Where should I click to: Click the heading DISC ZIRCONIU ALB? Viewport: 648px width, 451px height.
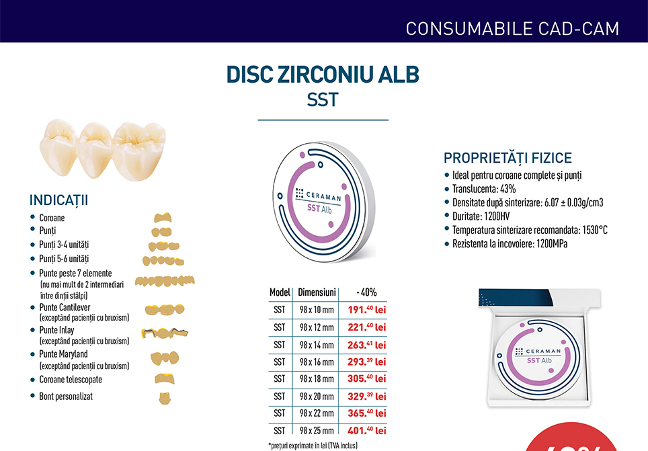pyautogui.click(x=323, y=75)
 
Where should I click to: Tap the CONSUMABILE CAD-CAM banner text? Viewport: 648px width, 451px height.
pyautogui.click(x=512, y=29)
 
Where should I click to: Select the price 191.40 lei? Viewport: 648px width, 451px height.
pyautogui.click(x=366, y=310)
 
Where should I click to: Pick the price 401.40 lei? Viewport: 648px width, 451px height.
pyautogui.click(x=366, y=431)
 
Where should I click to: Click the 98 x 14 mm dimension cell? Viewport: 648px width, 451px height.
pyautogui.click(x=317, y=345)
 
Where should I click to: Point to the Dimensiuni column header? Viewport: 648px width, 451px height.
pyautogui.click(x=317, y=292)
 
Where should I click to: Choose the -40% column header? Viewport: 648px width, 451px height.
pyautogui.click(x=366, y=292)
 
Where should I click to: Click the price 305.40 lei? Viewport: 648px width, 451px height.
pyautogui.click(x=366, y=378)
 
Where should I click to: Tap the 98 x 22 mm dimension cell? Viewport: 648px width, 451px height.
pyautogui.click(x=317, y=413)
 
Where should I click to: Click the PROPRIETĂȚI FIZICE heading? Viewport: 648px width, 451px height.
pyautogui.click(x=508, y=158)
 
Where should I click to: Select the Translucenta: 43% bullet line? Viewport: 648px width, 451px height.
pyautogui.click(x=484, y=189)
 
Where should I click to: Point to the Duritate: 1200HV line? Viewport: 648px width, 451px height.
pyautogui.click(x=481, y=216)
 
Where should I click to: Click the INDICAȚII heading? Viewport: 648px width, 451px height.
pyautogui.click(x=58, y=200)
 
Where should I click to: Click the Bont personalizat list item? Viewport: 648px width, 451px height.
pyautogui.click(x=66, y=397)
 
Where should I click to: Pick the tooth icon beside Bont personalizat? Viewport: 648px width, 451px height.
pyautogui.click(x=165, y=398)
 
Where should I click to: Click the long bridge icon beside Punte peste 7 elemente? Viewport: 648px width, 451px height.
pyautogui.click(x=165, y=281)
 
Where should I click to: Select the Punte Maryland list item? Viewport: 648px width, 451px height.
pyautogui.click(x=63, y=354)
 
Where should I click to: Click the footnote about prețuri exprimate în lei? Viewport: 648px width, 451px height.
pyautogui.click(x=313, y=446)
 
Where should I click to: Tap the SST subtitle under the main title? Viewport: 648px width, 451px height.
pyautogui.click(x=323, y=99)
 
